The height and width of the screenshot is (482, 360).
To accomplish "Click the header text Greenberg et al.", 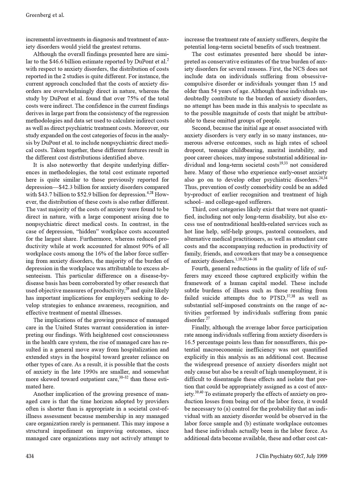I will [45, 15].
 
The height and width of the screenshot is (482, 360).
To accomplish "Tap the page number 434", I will [30, 456].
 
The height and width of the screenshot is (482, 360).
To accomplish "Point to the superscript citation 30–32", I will [123, 377].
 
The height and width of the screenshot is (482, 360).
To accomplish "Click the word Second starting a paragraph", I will [201, 128].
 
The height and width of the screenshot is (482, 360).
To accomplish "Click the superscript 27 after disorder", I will [208, 318].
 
